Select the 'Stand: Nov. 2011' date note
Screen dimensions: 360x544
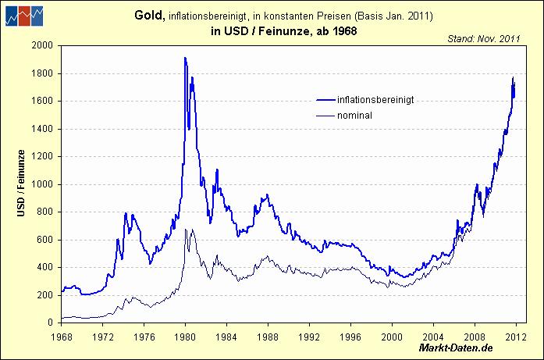[484, 37]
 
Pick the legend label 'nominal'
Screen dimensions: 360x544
[354, 116]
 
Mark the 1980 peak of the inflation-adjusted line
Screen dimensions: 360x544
[185, 58]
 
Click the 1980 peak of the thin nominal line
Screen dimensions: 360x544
[185, 230]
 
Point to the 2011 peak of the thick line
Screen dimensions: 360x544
[513, 77]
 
